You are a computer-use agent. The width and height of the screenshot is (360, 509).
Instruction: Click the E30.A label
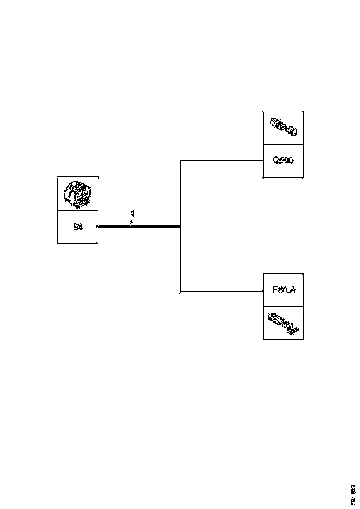284,290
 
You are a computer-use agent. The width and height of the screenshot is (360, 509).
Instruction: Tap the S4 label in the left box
78,227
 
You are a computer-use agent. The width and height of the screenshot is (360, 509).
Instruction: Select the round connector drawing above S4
77,193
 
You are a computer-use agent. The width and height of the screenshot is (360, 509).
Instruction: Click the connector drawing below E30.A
283,323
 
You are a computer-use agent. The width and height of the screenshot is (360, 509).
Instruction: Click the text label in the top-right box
283,161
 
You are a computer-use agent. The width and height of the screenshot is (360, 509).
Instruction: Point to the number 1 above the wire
133,214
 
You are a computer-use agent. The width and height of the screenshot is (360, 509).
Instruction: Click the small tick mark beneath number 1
132,223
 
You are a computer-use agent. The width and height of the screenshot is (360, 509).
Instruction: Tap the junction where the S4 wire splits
180,226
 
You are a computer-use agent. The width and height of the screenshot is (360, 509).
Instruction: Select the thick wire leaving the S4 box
139,226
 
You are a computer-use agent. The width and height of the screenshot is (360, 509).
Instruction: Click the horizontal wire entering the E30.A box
222,292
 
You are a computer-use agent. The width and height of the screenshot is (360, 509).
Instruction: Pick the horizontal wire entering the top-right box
222,161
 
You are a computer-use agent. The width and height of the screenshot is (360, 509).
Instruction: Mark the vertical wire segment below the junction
180,259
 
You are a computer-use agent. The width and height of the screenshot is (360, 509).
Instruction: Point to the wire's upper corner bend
180,161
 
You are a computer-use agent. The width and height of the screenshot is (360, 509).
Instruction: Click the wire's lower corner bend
180,292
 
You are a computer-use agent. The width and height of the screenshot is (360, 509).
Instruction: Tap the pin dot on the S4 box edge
97,226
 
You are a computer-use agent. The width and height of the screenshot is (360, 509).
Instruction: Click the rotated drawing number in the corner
353,494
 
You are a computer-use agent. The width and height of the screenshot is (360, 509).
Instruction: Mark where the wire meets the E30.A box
263,292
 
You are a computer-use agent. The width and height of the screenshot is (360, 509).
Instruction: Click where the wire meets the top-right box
263,161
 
